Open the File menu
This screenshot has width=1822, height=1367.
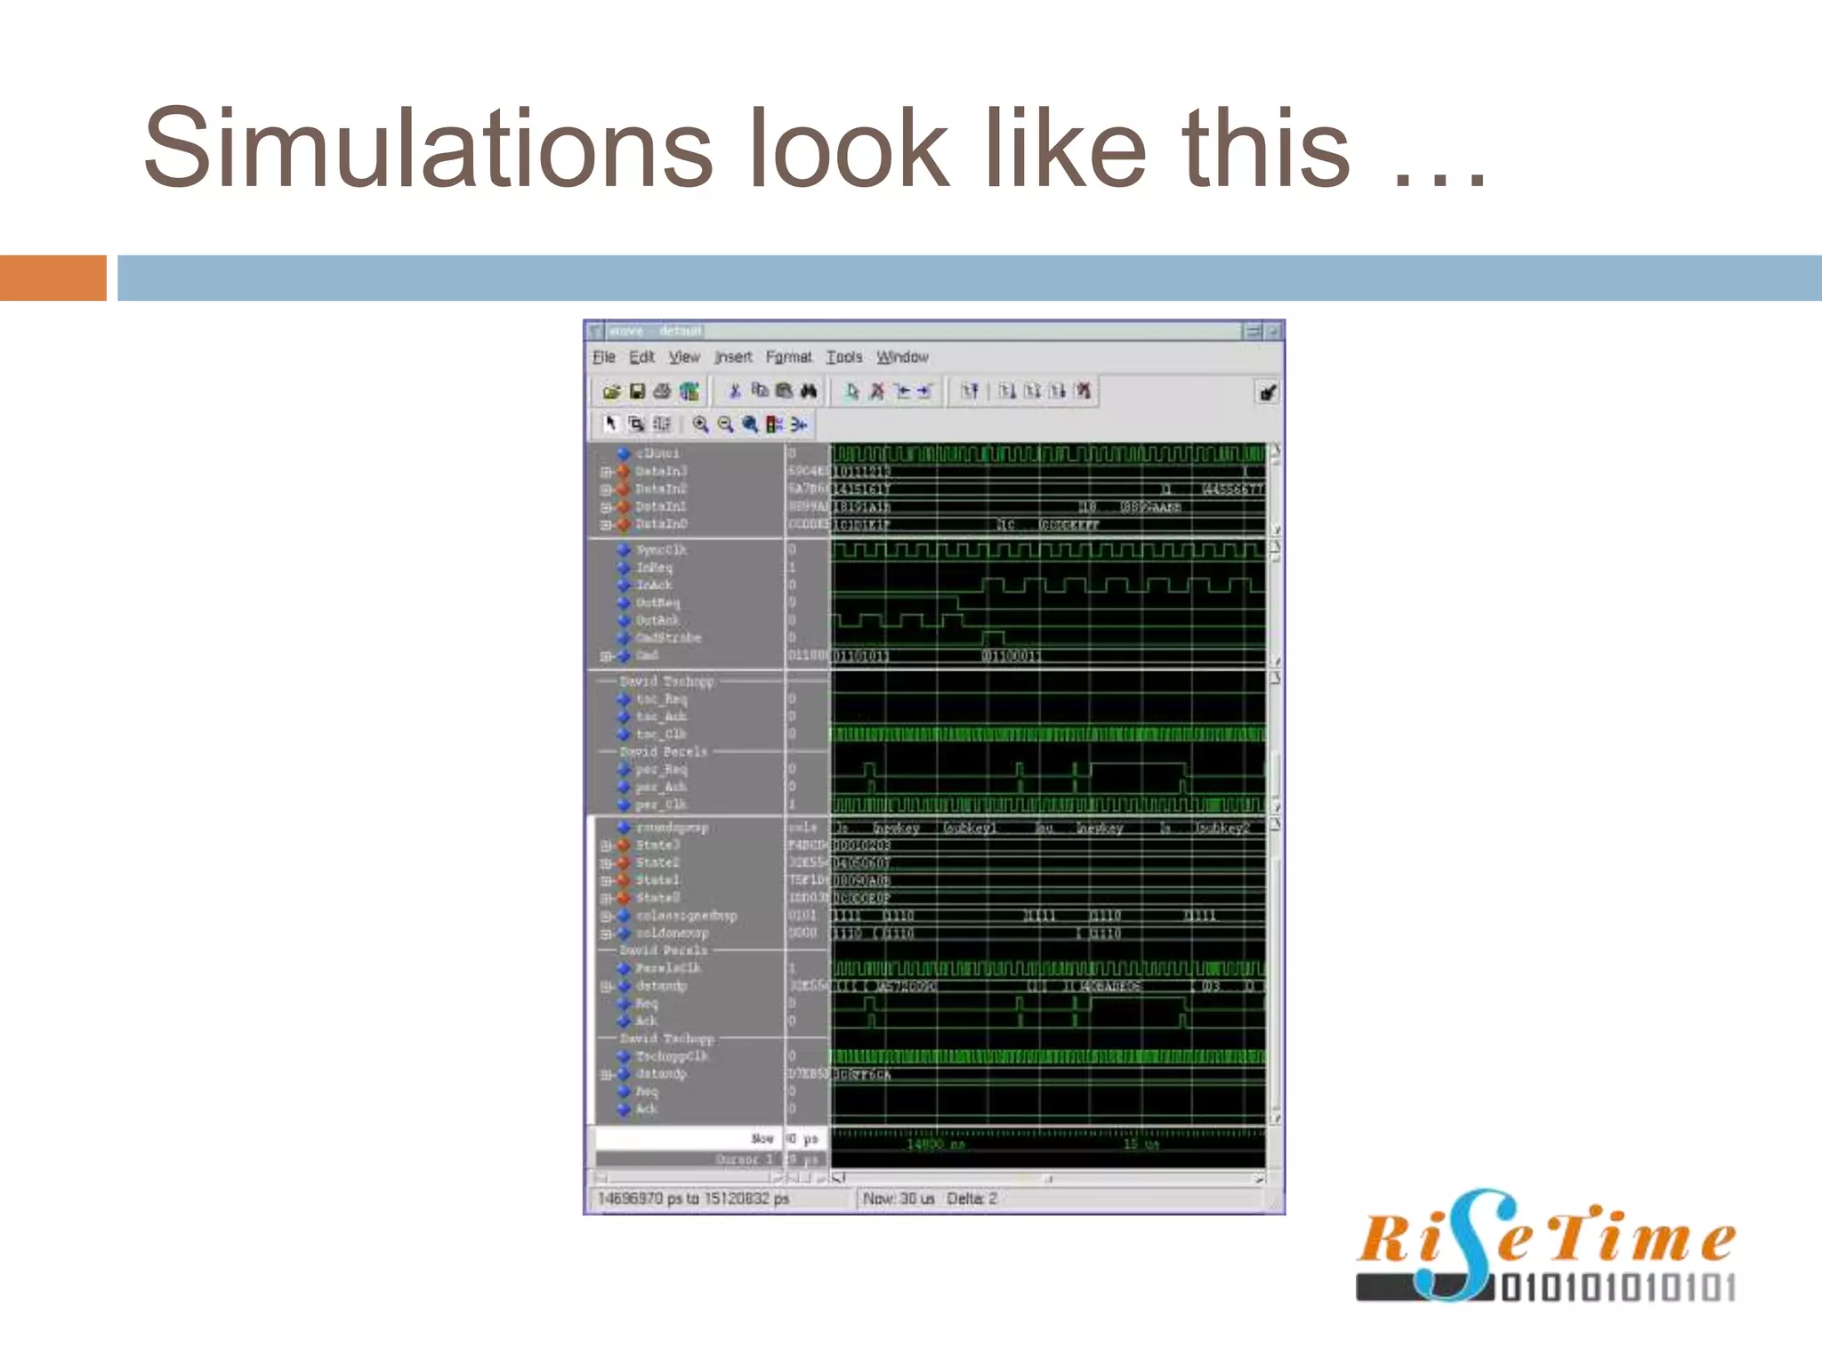pyautogui.click(x=604, y=357)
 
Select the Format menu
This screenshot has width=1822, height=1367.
pyautogui.click(x=788, y=357)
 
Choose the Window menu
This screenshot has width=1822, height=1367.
pyautogui.click(x=902, y=357)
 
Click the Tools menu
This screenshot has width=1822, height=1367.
pyautogui.click(x=844, y=357)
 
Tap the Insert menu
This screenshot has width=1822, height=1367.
pyautogui.click(x=733, y=357)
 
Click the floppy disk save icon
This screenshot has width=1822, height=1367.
pyautogui.click(x=637, y=392)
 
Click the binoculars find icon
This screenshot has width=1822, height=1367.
pyautogui.click(x=809, y=392)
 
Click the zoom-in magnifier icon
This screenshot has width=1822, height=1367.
pyautogui.click(x=701, y=425)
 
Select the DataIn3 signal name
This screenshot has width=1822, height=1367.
pyautogui.click(x=661, y=471)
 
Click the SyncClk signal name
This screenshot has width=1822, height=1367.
pyautogui.click(x=661, y=550)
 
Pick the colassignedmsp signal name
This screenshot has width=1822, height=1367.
pyautogui.click(x=686, y=915)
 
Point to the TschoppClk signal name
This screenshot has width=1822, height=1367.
pyautogui.click(x=672, y=1056)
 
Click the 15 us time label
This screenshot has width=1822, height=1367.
pyautogui.click(x=1141, y=1144)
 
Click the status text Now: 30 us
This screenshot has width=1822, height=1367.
pyautogui.click(x=899, y=1199)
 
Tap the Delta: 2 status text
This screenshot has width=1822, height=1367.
pyautogui.click(x=972, y=1199)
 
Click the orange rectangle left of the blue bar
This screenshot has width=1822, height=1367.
pyautogui.click(x=52, y=278)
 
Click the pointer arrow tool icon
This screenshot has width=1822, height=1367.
pyautogui.click(x=611, y=425)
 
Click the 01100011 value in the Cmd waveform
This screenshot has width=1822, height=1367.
pyautogui.click(x=1012, y=656)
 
